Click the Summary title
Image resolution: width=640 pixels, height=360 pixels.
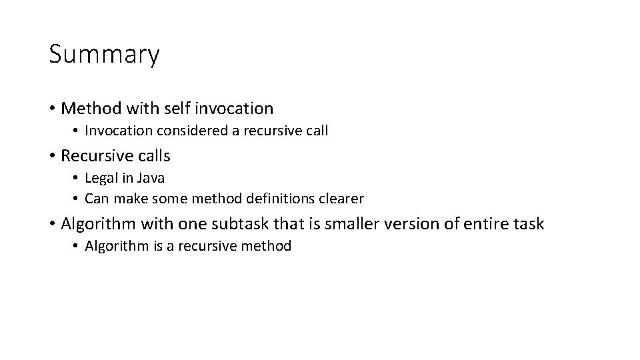(104, 55)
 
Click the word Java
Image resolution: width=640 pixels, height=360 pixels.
(151, 178)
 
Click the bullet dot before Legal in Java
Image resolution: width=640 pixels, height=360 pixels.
(76, 179)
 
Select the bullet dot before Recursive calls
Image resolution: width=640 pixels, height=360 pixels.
(52, 157)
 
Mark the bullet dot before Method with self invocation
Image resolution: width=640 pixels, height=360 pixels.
(52, 108)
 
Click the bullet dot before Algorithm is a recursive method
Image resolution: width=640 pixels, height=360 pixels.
(76, 247)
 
